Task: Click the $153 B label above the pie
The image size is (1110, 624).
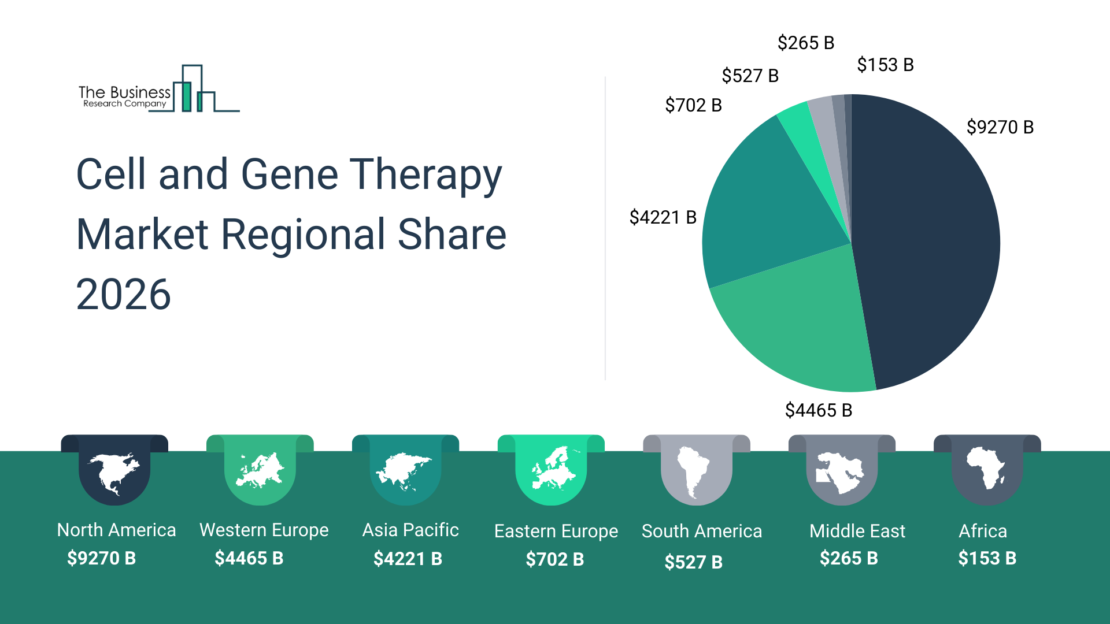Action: tap(885, 65)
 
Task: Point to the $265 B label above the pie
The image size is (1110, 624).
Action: tap(806, 43)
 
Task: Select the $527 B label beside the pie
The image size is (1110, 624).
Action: tap(750, 76)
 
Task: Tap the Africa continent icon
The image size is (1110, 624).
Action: tap(986, 468)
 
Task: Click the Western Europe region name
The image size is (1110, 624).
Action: tap(264, 530)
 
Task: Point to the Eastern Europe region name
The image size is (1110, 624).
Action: tap(556, 531)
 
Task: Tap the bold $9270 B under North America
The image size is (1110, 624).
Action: tap(102, 558)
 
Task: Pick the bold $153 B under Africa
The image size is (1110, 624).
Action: tap(987, 558)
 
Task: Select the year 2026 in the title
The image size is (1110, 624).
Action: tap(123, 294)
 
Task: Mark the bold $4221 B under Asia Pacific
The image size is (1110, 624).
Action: tap(408, 559)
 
